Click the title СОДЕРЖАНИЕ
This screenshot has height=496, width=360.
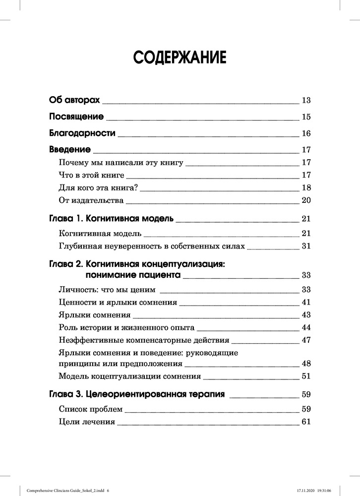(180, 57)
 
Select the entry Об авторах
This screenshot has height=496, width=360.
(75, 101)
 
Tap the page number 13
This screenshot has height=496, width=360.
(305, 101)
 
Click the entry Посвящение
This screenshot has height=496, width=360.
(76, 117)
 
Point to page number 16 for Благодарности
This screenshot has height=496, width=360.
(305, 133)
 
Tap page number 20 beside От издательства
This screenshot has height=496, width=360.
(305, 200)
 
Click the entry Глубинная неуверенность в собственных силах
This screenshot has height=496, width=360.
(152, 246)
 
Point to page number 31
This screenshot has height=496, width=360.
(305, 246)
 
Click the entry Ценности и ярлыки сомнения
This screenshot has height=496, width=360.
(118, 302)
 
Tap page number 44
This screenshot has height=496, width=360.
(305, 328)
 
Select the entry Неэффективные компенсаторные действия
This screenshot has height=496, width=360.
(144, 341)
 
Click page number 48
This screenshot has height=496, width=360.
(305, 364)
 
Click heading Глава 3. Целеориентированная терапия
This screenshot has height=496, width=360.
(137, 395)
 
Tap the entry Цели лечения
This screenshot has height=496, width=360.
(86, 422)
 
